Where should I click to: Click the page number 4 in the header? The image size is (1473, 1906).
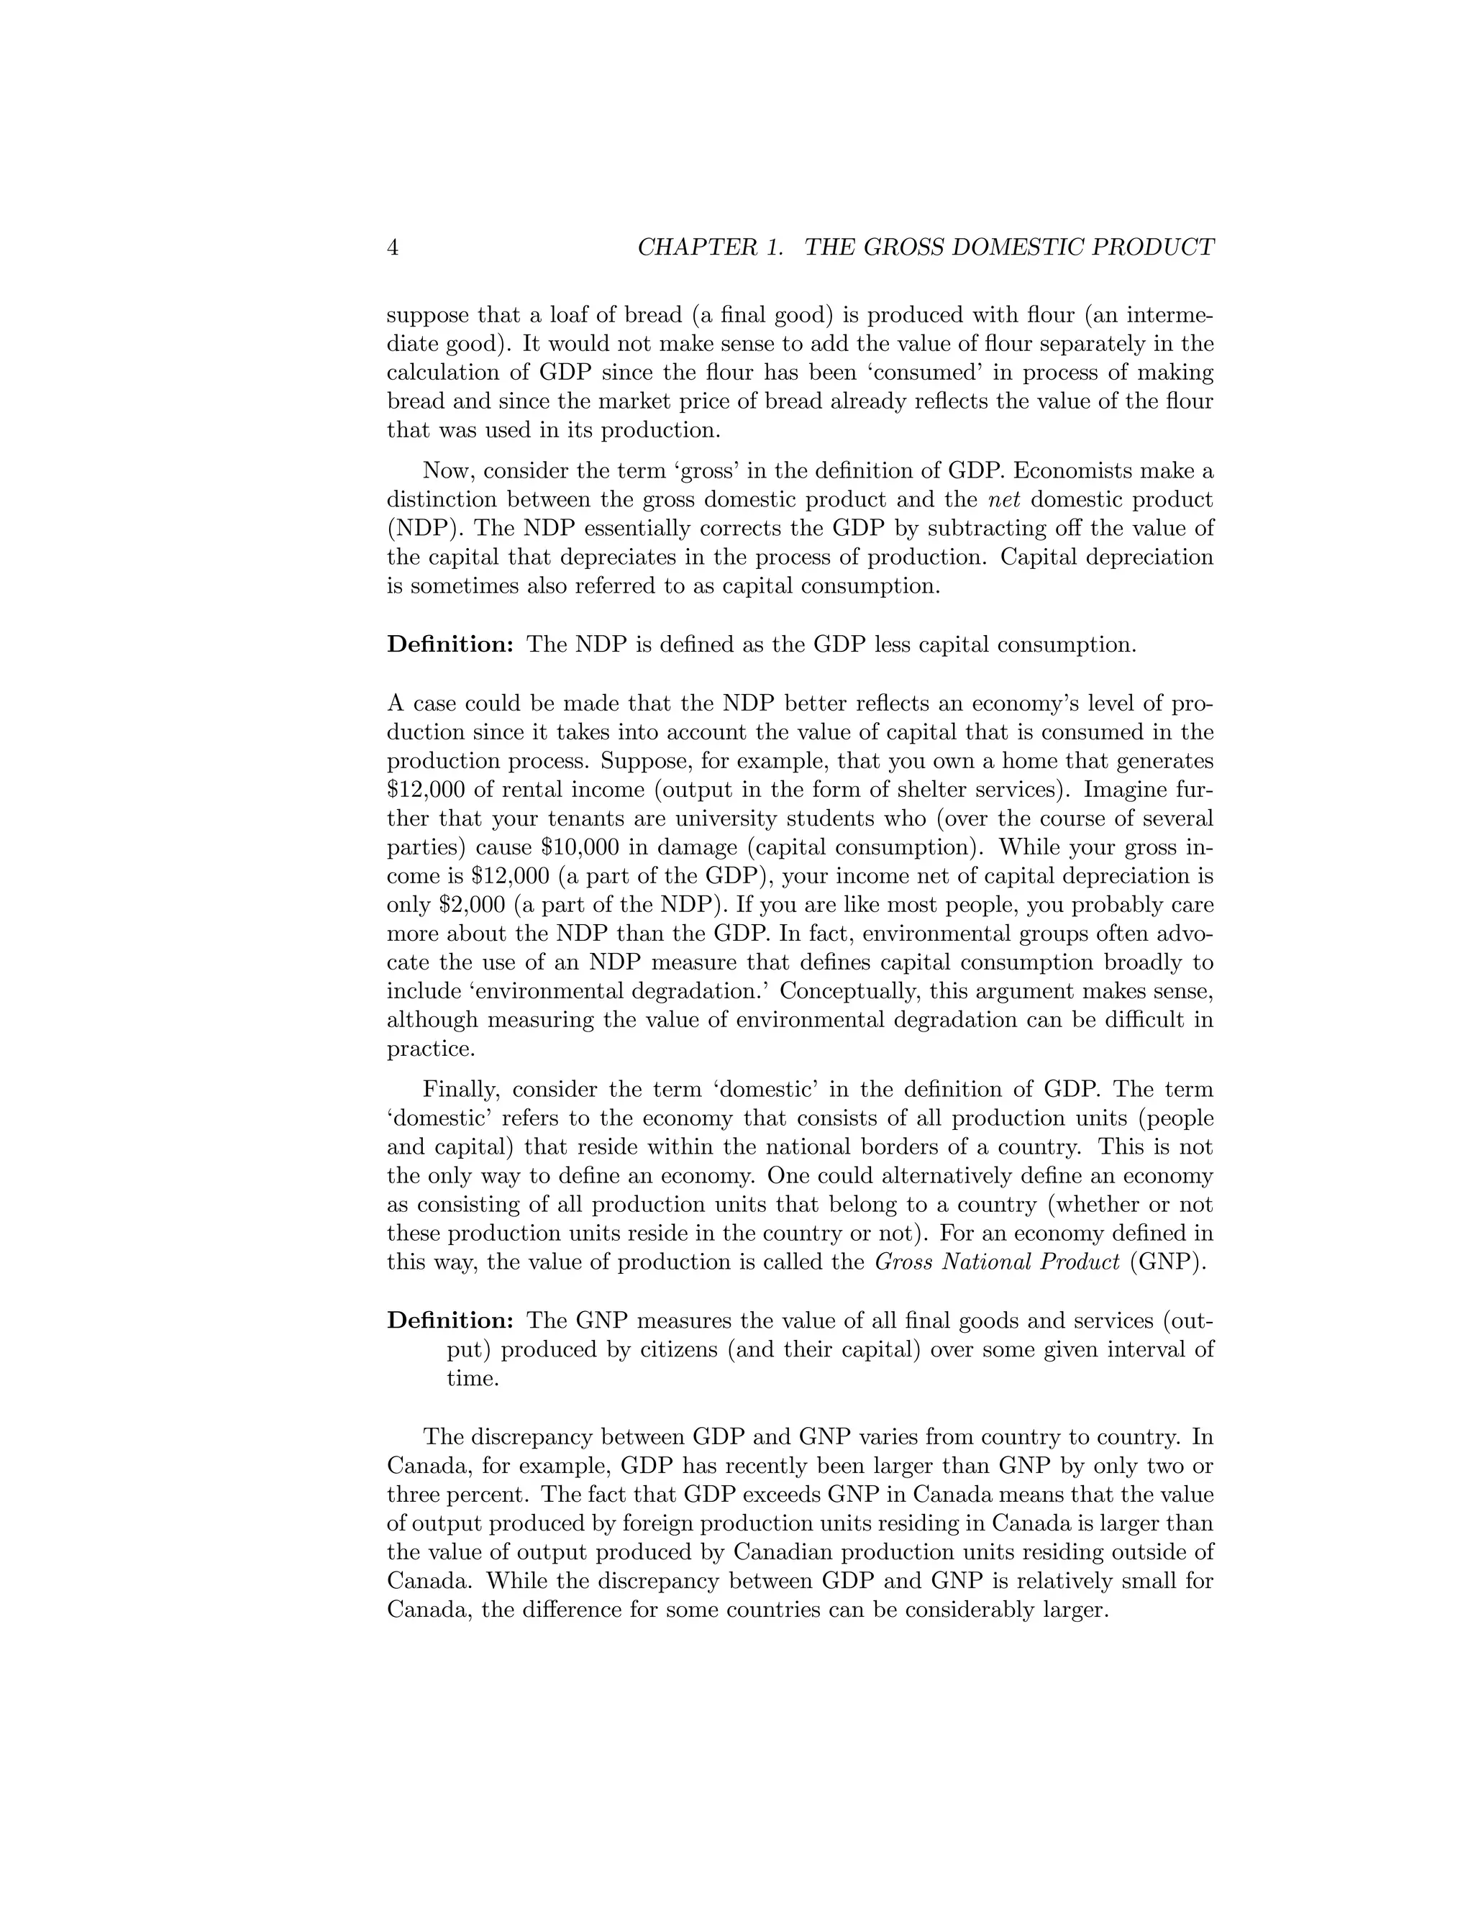393,248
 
